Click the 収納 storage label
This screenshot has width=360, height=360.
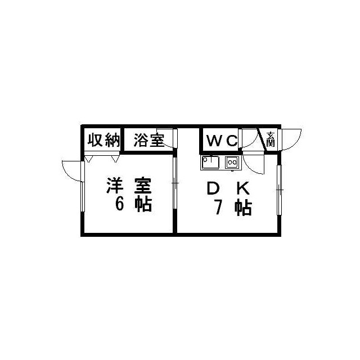click(x=104, y=139)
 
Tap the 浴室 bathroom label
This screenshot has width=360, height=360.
click(x=149, y=140)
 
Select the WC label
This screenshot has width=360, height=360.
click(x=222, y=141)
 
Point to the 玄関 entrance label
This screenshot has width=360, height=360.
click(x=271, y=139)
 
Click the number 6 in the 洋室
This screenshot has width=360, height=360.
click(x=120, y=204)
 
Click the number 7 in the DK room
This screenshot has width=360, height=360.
click(x=218, y=207)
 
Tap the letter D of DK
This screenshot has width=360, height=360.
click(x=213, y=188)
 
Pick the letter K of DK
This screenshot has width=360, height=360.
click(x=243, y=188)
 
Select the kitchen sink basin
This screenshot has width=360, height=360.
click(x=210, y=162)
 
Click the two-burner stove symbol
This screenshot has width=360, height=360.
click(x=232, y=163)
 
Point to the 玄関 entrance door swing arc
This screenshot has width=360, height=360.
click(x=291, y=139)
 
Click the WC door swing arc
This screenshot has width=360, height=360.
click(x=249, y=138)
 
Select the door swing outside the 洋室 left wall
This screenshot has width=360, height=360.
click(x=73, y=171)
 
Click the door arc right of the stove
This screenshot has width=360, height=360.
click(x=254, y=164)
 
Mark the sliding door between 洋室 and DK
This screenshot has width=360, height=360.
click(x=175, y=183)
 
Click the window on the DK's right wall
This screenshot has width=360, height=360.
click(x=279, y=190)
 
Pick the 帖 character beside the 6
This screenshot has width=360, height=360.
click(x=143, y=204)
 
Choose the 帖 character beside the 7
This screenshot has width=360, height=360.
click(x=243, y=208)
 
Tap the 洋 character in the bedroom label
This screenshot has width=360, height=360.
click(x=115, y=185)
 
